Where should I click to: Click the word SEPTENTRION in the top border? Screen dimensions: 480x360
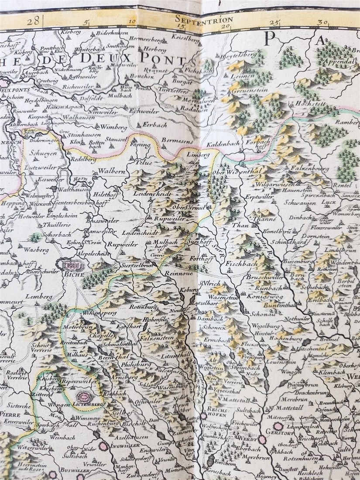204,19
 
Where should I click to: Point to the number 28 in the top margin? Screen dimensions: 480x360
33,20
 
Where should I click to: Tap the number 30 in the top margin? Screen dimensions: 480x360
323,22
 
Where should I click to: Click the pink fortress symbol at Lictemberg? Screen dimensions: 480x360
84,397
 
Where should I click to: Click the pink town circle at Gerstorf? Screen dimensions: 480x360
278,426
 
